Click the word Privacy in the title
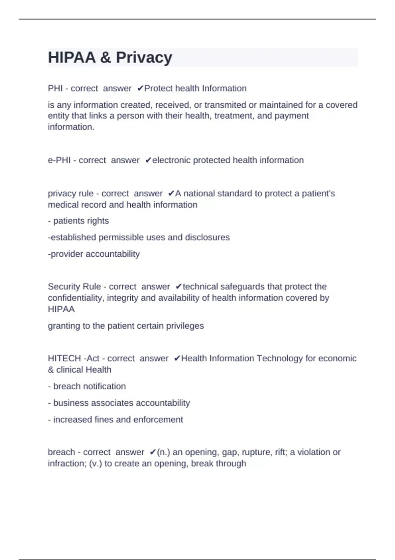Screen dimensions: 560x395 [144, 58]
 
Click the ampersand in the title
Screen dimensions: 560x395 [106, 58]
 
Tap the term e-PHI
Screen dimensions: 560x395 [59, 160]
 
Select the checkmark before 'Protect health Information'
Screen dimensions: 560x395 [140, 88]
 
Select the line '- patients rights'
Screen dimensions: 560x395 [78, 221]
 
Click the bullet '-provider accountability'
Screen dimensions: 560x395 [94, 254]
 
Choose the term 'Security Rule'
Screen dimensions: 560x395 [74, 287]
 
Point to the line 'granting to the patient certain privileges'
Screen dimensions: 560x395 [126, 326]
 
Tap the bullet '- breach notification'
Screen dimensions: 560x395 [87, 386]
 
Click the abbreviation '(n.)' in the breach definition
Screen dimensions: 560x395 [164, 452]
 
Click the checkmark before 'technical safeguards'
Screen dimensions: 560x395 [179, 287]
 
